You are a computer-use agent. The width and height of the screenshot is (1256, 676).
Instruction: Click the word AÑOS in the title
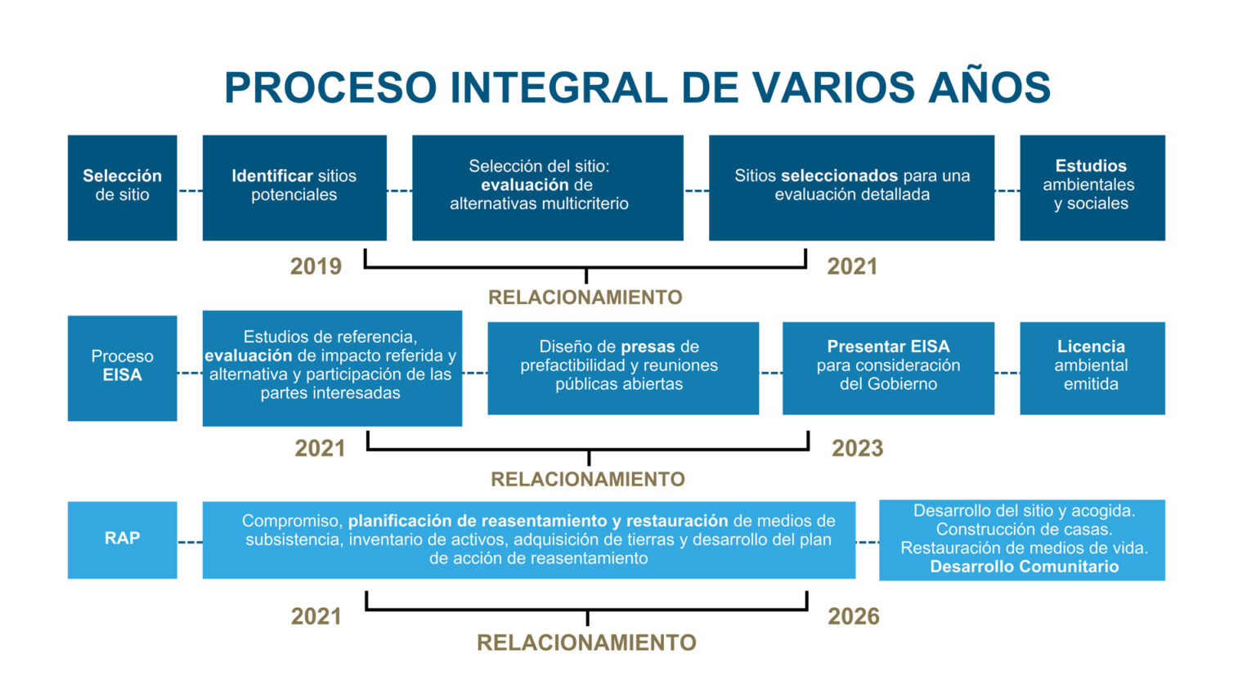click(989, 87)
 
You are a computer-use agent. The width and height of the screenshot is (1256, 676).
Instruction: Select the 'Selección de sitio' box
click(122, 187)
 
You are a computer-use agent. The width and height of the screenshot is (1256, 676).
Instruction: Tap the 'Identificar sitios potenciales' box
click(294, 187)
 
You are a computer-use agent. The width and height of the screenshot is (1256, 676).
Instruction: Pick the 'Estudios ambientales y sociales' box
click(1092, 187)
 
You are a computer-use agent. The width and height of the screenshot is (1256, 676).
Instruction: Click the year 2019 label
click(316, 266)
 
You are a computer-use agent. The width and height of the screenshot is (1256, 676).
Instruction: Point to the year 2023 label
click(857, 448)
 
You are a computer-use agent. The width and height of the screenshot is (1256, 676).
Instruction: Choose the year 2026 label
click(853, 616)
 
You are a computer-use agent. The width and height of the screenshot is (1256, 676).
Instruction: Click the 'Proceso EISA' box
click(122, 368)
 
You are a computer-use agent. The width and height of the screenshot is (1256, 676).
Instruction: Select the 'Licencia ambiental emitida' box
click(1092, 368)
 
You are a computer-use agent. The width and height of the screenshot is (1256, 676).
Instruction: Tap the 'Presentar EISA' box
click(888, 368)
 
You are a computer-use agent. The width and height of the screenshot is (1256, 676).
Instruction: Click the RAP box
click(122, 539)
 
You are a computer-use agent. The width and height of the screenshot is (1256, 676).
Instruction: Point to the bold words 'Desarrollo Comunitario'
click(1024, 567)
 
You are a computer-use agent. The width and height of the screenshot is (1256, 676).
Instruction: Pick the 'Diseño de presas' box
click(622, 368)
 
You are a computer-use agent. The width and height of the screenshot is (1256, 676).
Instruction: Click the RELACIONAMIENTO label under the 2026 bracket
click(586, 642)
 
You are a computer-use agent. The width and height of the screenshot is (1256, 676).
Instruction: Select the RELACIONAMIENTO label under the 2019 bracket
click(585, 298)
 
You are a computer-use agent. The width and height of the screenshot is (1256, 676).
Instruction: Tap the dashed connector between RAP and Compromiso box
click(190, 541)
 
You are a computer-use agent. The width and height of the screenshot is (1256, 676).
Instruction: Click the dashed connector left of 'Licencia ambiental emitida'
click(1007, 373)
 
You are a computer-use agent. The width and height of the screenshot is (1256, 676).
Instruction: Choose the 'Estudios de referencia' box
click(332, 368)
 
